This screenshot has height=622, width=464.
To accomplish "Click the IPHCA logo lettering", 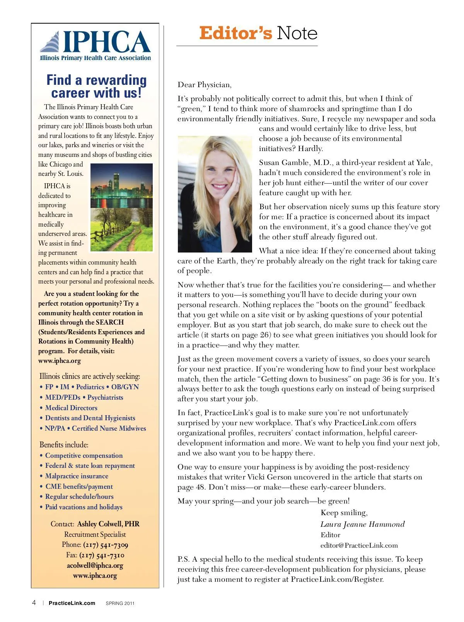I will (x=106, y=42).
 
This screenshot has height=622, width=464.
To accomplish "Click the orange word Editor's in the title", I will (x=235, y=33).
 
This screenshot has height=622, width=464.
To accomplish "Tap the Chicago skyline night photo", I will (x=121, y=186).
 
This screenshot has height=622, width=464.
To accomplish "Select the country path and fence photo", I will (x=121, y=230).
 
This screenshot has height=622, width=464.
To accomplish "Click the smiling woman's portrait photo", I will (x=215, y=194).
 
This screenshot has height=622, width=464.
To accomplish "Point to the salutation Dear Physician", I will (x=205, y=85).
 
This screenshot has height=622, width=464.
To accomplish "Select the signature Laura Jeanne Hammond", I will (x=362, y=524).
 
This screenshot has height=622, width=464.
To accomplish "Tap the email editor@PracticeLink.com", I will (x=359, y=545).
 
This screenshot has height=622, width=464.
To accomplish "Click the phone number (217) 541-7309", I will (x=106, y=545).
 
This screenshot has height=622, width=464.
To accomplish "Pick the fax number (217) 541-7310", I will (x=102, y=555).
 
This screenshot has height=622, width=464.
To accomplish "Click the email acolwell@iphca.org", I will (x=95, y=565).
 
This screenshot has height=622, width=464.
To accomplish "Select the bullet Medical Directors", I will (x=71, y=408).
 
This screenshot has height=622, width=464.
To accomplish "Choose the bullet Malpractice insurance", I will (x=77, y=476).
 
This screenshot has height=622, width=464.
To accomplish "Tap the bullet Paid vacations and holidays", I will (x=84, y=507).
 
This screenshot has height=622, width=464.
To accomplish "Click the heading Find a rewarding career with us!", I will (x=96, y=86).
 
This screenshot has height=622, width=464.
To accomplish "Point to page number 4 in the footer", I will (x=34, y=603).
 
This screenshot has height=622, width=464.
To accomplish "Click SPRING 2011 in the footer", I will (x=120, y=603).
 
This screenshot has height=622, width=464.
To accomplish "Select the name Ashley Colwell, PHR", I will (x=108, y=524).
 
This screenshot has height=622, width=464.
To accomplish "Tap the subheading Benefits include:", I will (x=64, y=445).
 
